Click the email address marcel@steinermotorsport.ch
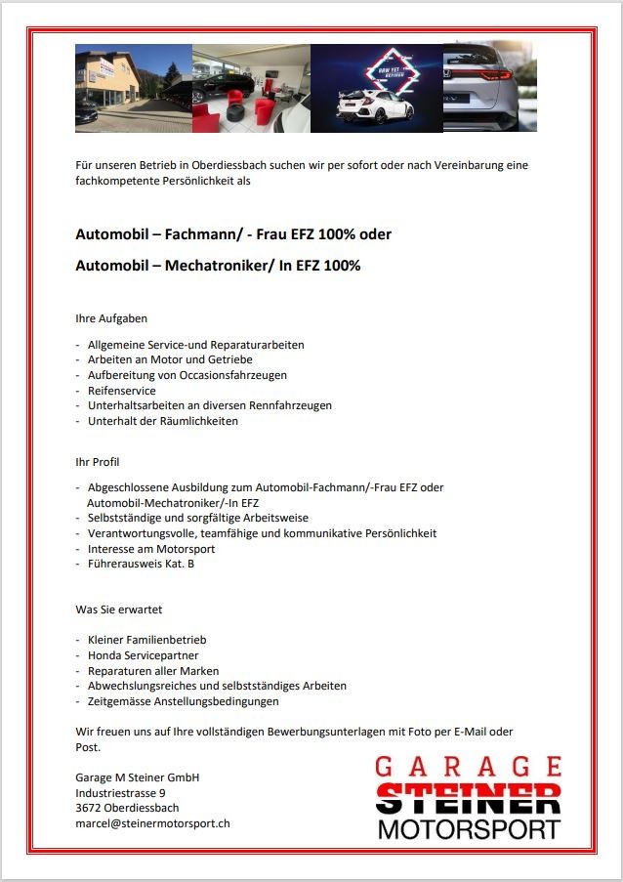click(x=152, y=823)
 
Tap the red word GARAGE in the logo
click(x=468, y=767)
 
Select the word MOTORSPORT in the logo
click(x=468, y=830)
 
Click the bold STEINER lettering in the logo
click(x=468, y=798)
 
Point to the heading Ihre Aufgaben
click(x=111, y=318)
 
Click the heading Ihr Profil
click(x=98, y=461)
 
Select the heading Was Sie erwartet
click(x=118, y=609)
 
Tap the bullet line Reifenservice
click(x=121, y=391)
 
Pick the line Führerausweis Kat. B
click(x=141, y=564)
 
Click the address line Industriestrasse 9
click(x=120, y=792)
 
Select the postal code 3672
click(x=89, y=808)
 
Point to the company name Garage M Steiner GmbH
click(x=137, y=777)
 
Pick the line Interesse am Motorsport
click(x=150, y=549)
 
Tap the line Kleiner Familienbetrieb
click(x=146, y=640)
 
